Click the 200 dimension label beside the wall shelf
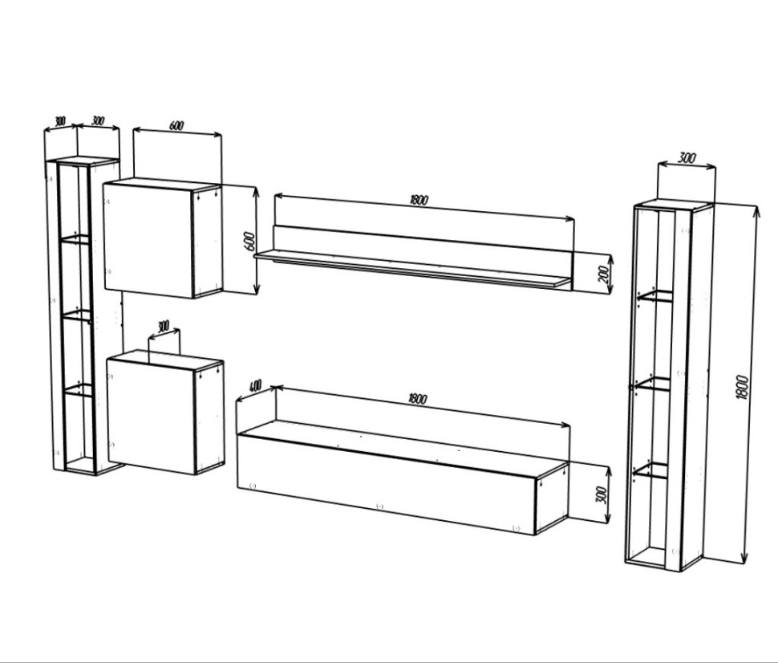[604, 273]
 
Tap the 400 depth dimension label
[254, 385]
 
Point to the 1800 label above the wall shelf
[419, 200]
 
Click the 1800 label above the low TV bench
[417, 398]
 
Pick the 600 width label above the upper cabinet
[176, 126]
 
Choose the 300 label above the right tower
[687, 159]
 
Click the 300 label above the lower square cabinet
[163, 327]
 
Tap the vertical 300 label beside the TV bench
[601, 495]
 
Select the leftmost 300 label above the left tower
[59, 120]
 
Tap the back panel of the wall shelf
[423, 246]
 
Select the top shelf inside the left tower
[76, 239]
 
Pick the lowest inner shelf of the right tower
[651, 470]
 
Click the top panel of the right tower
[673, 205]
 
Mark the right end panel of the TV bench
[552, 498]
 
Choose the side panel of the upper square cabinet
[208, 240]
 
